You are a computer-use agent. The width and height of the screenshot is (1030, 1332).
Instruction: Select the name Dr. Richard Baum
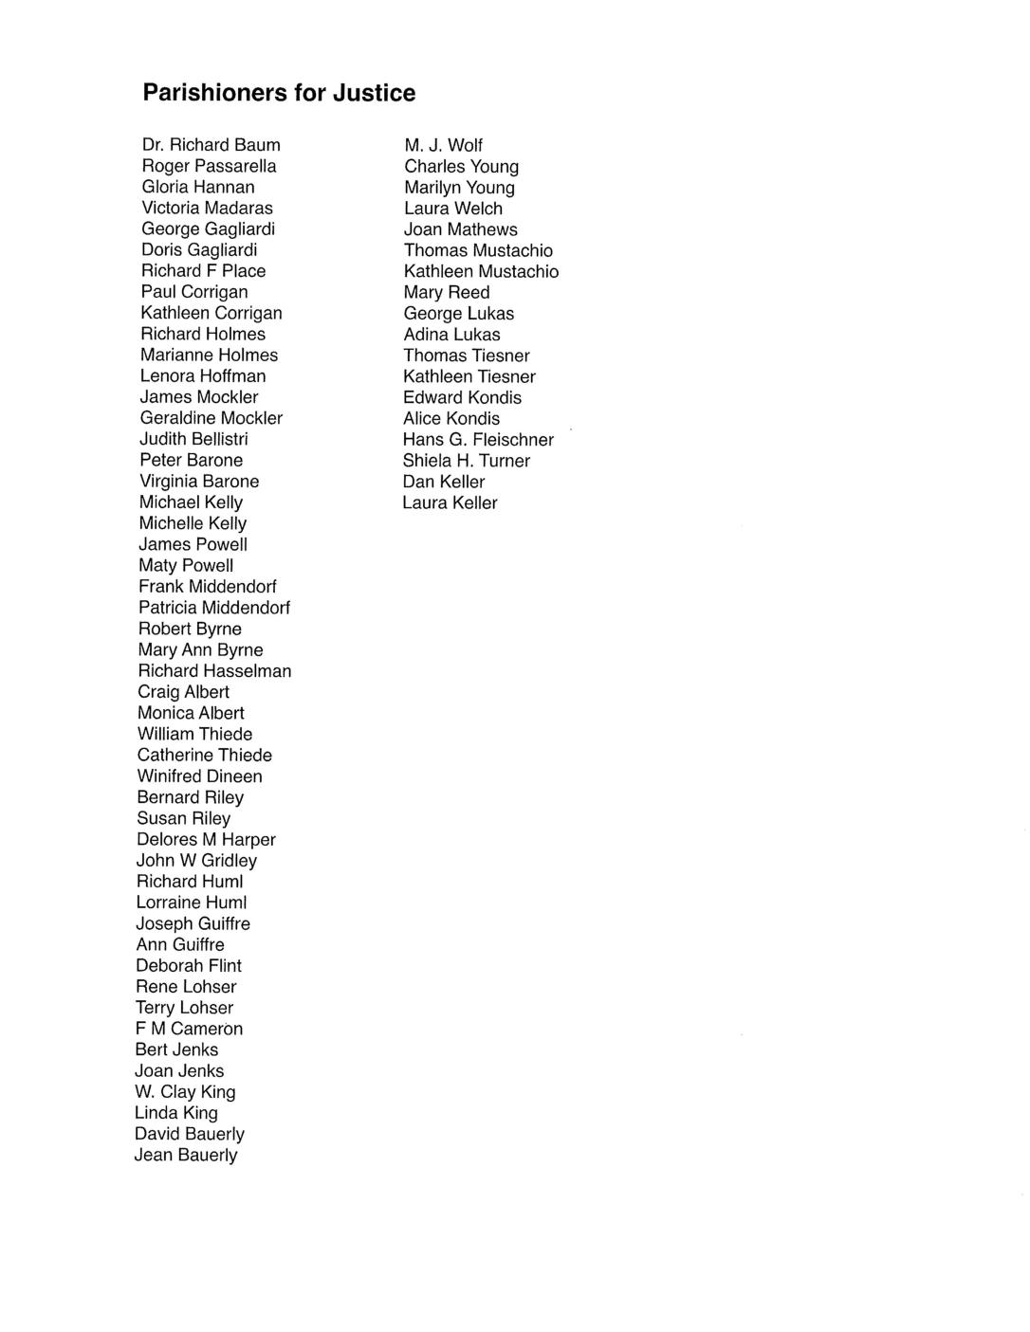(211, 145)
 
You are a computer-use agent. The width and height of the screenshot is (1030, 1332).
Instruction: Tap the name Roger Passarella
(209, 166)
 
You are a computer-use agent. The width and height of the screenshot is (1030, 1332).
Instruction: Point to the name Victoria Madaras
(207, 208)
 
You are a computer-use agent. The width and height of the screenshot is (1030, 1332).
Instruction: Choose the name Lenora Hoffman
(203, 376)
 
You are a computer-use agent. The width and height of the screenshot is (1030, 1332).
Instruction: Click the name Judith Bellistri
(193, 439)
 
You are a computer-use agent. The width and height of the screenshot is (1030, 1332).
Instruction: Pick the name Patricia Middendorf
(214, 608)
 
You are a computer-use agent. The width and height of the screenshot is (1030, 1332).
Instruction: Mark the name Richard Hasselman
(214, 671)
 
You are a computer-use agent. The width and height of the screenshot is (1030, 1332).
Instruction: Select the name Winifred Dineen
(199, 776)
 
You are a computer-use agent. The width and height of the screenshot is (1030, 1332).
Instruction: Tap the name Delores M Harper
(206, 840)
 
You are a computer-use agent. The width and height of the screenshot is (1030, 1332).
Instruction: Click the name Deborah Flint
(189, 966)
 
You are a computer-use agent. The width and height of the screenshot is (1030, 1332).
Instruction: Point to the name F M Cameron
(189, 1029)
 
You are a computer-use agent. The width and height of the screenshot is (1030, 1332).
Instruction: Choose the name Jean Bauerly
(186, 1155)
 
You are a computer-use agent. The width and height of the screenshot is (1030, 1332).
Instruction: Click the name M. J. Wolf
(443, 145)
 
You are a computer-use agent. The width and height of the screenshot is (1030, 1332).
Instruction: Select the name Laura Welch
(453, 209)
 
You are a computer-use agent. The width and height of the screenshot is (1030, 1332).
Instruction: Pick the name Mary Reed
(447, 292)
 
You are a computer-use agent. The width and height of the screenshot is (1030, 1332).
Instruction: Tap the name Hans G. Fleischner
(478, 440)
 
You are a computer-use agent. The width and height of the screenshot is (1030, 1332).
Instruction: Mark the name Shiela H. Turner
(466, 461)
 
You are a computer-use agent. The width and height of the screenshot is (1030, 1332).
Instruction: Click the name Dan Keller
(444, 482)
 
